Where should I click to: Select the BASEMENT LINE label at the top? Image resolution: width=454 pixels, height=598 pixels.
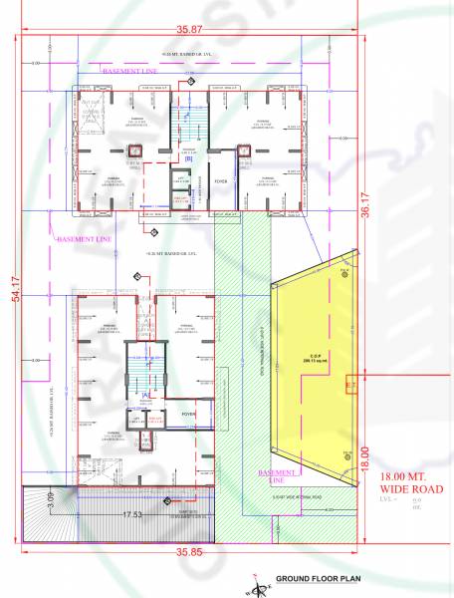tap(129, 72)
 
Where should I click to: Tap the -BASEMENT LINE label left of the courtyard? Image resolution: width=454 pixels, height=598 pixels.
tap(83, 240)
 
